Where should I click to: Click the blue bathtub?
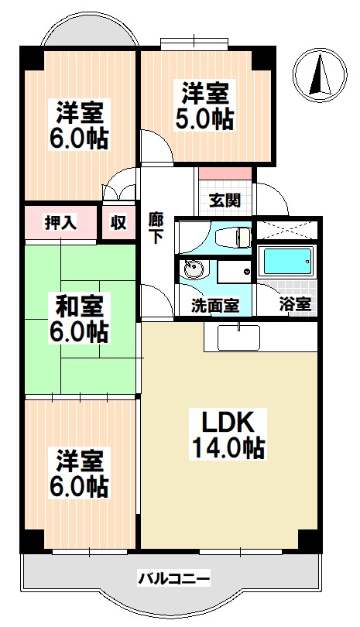point(286,262)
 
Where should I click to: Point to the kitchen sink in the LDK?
point(238,337)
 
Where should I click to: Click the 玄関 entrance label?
point(225,200)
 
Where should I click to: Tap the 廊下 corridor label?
point(156,228)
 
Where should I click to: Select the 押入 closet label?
point(59,223)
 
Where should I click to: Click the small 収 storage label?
point(118,223)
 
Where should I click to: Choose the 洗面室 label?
point(214,305)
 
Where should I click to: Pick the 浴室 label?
point(295,305)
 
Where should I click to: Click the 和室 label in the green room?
point(81,303)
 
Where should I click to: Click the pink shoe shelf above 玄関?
point(225,173)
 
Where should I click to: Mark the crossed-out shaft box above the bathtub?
point(286,229)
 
